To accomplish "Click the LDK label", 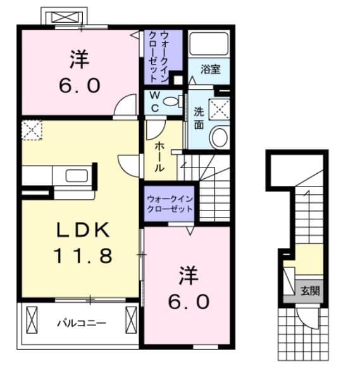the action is pos(84,230).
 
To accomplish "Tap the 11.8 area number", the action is pos(83,255).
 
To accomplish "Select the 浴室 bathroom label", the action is pos(211,69).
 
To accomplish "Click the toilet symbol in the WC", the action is pos(173,102).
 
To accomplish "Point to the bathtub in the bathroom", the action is pos(209,44).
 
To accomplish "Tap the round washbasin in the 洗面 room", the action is pos(220,137).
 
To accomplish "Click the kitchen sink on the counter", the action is pos(77,176).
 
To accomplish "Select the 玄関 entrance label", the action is pos(310,291).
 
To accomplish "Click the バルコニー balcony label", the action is pos(82,323).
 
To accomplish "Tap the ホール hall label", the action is pos(159,157).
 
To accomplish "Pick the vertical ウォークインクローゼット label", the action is pos(159,57).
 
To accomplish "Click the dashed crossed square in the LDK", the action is pos(32,130).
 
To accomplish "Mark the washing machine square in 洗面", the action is pos(220,109).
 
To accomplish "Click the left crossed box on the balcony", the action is pos(32,320).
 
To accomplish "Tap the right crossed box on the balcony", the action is pos(131,320).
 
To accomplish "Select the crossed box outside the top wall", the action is pos(64,17).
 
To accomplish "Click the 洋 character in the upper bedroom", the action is pos(80,59).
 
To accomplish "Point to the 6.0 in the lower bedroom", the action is pos(189,302).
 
